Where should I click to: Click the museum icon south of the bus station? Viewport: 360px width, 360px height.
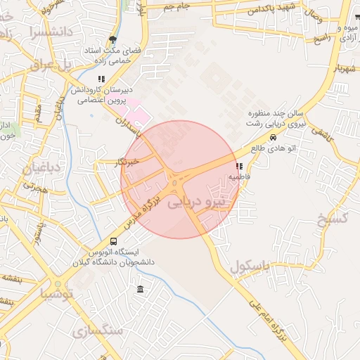coord(141,290)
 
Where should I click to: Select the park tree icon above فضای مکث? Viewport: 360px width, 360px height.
coord(112,39)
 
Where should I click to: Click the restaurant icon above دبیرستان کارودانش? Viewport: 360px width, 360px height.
coord(101,79)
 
